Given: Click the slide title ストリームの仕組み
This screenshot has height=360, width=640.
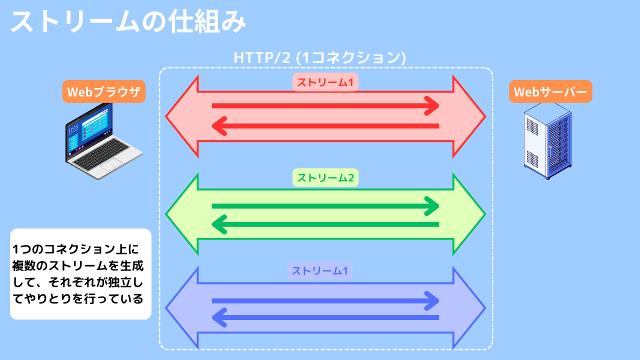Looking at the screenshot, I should (x=128, y=22).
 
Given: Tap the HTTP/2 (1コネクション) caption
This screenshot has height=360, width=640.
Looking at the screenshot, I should (x=319, y=57).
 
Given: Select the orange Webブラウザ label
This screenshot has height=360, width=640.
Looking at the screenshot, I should (x=104, y=92).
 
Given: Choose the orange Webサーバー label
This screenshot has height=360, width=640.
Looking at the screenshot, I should (x=550, y=92).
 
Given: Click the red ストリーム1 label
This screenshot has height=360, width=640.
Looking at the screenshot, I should (x=325, y=83).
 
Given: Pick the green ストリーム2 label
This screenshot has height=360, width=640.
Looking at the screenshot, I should (x=325, y=177).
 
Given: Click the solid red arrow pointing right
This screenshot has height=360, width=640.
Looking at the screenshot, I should (x=325, y=105).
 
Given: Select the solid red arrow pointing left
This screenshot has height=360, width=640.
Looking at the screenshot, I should (x=325, y=126).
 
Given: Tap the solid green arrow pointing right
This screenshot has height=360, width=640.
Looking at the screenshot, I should (x=325, y=206).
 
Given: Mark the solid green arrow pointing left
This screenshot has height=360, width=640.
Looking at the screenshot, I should (x=325, y=224).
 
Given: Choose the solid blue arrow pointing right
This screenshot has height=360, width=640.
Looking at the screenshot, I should (x=325, y=300).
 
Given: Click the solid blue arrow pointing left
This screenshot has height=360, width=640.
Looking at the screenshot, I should (x=325, y=317).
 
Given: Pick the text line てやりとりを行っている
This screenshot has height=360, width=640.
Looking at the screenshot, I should (x=78, y=298).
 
